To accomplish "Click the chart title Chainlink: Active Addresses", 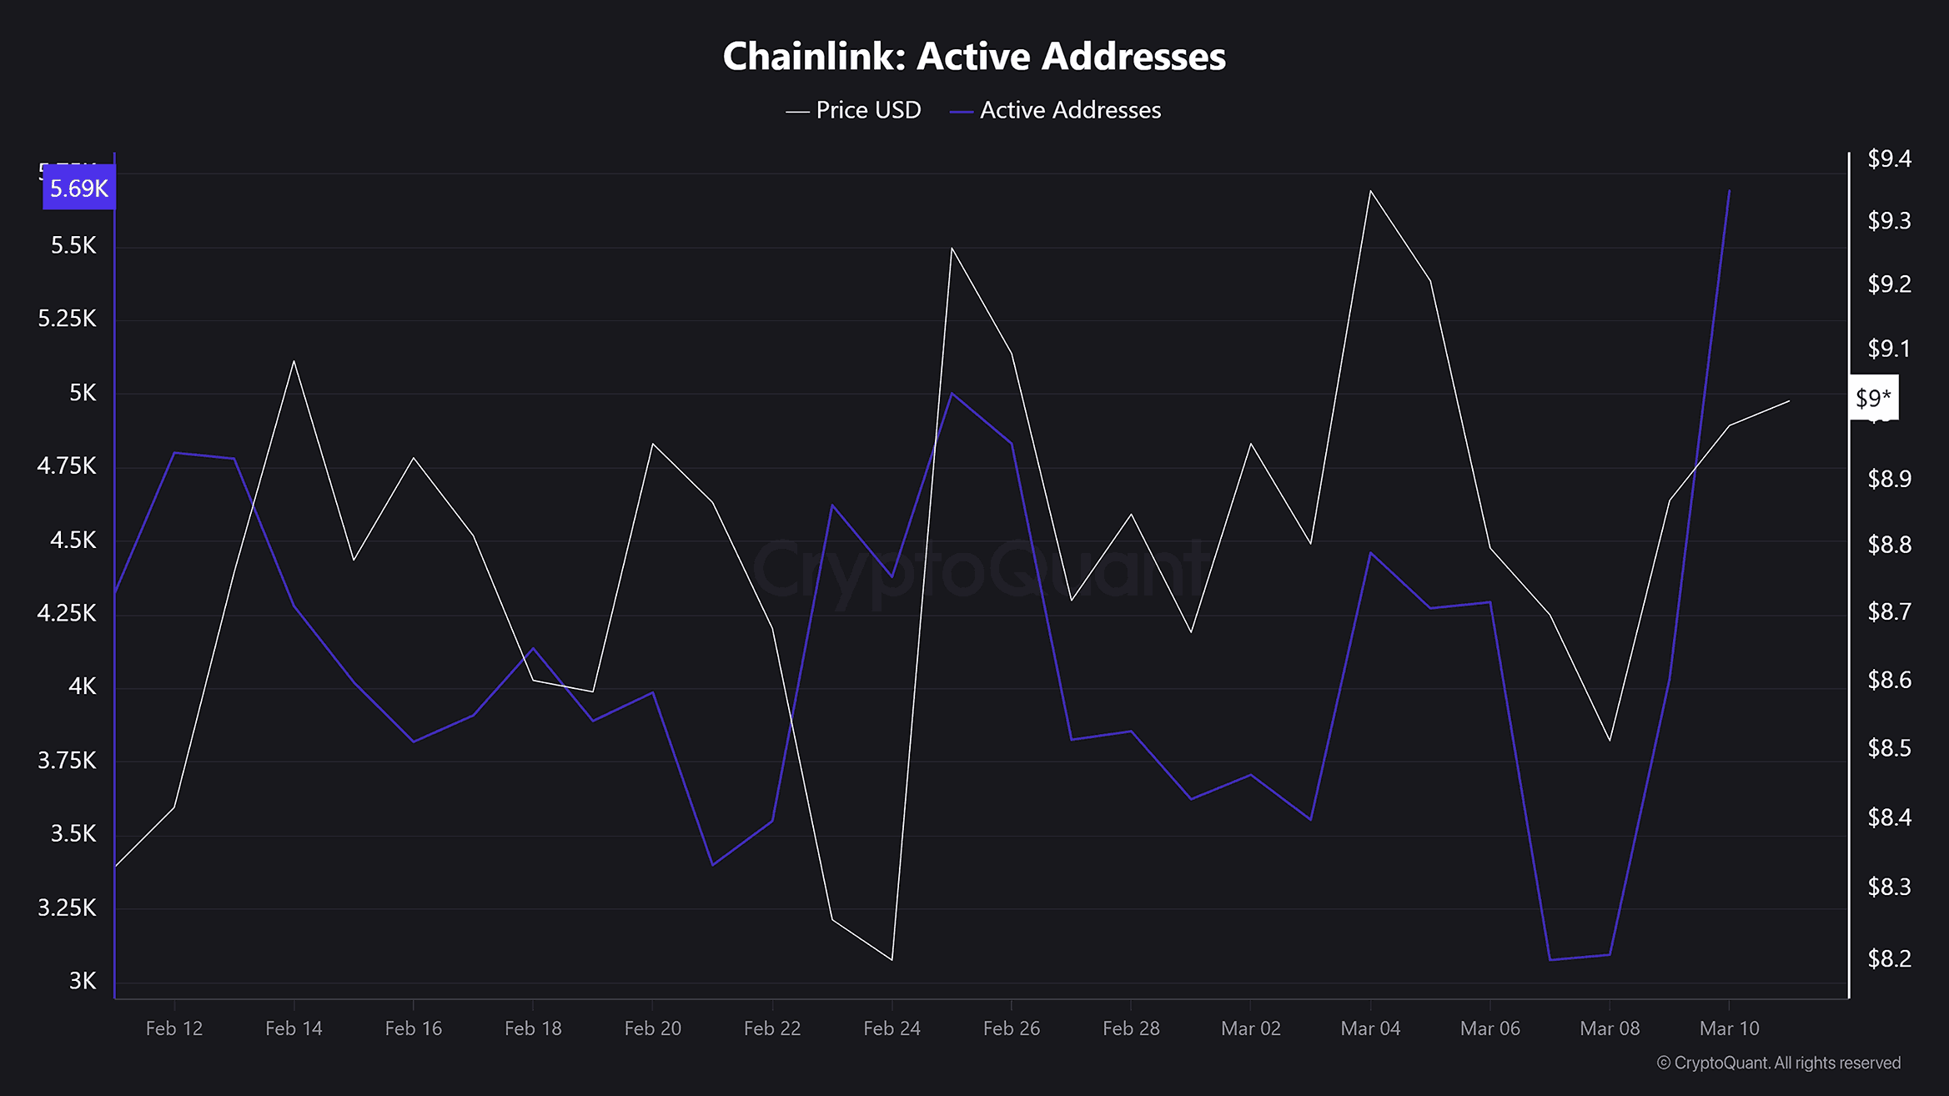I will point(973,57).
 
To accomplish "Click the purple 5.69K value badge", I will point(78,189).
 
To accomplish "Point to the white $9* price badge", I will point(1873,398).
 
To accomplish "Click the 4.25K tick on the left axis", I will point(67,613).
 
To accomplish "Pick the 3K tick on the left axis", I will point(83,981).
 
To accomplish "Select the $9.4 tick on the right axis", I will point(1889,158).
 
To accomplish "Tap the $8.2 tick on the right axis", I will point(1889,959).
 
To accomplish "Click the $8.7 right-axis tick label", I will point(1889,612).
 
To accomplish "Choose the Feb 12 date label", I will point(174,1028).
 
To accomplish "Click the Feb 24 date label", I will point(892,1028).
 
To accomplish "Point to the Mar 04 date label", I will point(1370,1028).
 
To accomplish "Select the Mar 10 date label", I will point(1729,1028).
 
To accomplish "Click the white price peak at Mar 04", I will point(1370,191).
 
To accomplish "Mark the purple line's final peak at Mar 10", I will point(1729,190).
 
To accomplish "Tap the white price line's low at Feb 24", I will point(892,959).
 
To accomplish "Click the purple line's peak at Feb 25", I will point(952,393).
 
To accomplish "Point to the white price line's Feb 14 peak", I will point(294,361).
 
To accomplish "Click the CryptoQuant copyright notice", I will point(1778,1063).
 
